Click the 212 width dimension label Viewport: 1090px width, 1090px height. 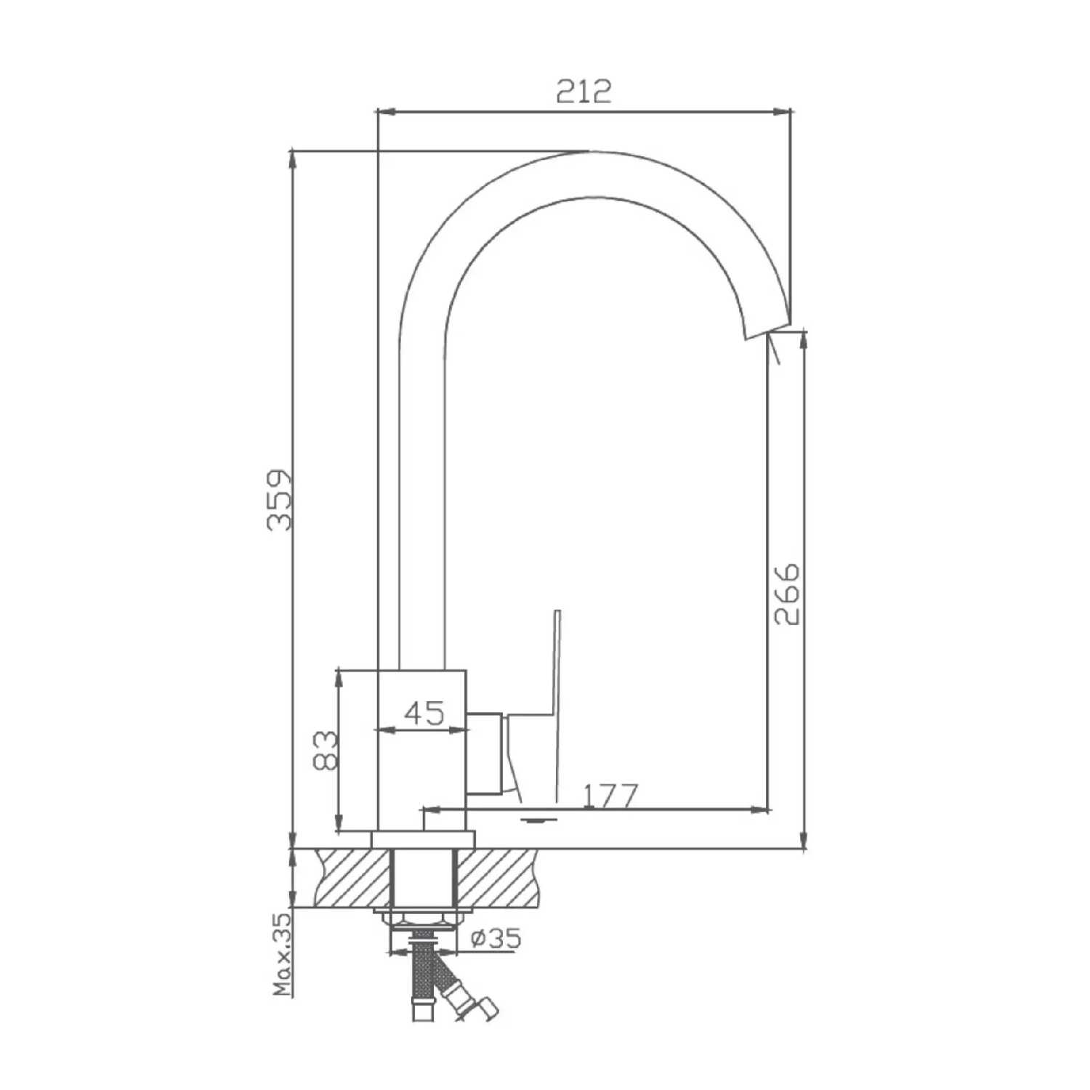pos(584,92)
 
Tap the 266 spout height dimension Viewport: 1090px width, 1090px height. pos(786,593)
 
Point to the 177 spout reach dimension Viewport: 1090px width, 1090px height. pos(610,796)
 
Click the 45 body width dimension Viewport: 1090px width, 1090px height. pos(424,713)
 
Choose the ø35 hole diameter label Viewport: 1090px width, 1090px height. pos(496,938)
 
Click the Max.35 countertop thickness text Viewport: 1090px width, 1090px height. pos(283,953)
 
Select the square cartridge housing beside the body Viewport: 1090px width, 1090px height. pos(485,753)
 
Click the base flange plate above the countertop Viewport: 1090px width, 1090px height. pos(422,839)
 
